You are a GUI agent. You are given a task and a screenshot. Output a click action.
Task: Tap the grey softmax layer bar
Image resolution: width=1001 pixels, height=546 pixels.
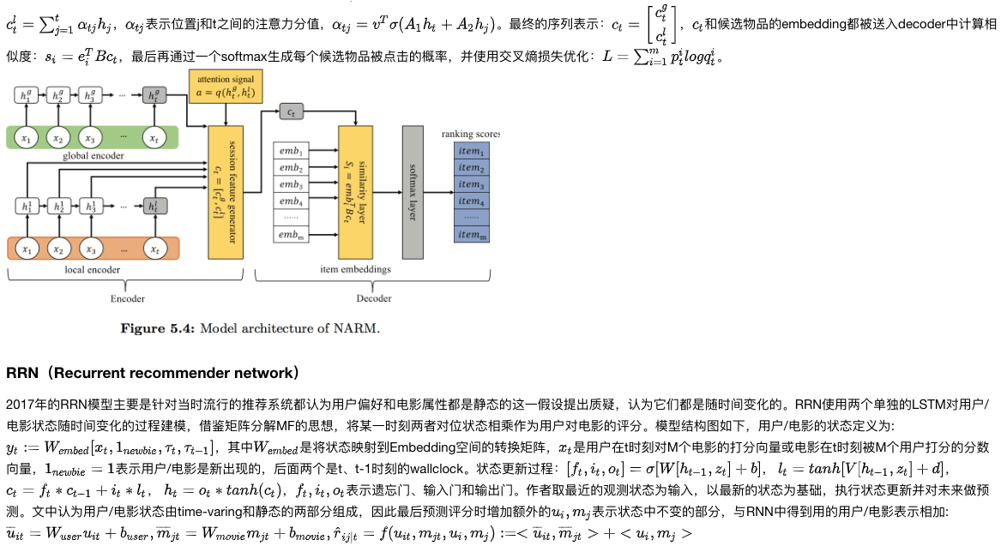click(x=413, y=191)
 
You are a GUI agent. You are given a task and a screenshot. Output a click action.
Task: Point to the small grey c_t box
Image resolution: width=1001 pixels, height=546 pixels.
click(x=292, y=112)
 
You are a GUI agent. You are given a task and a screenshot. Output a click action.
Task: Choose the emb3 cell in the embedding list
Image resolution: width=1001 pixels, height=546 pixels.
click(x=291, y=184)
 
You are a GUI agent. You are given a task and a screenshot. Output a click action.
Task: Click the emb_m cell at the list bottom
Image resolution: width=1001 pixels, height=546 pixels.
click(x=291, y=236)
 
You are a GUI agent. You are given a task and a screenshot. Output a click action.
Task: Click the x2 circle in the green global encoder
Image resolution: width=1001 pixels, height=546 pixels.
click(x=58, y=137)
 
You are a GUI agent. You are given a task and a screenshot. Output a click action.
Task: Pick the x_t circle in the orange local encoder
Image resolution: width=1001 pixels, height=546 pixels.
click(x=154, y=249)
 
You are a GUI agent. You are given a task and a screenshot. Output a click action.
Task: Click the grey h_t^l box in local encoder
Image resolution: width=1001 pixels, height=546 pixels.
click(x=154, y=206)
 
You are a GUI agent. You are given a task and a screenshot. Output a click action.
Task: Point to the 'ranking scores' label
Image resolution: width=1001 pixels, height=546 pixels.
click(x=470, y=134)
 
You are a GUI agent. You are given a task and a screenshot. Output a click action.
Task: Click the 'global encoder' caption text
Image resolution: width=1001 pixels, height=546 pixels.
click(x=93, y=156)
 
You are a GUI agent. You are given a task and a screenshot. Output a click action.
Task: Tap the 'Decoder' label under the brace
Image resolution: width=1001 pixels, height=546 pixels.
click(x=374, y=298)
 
